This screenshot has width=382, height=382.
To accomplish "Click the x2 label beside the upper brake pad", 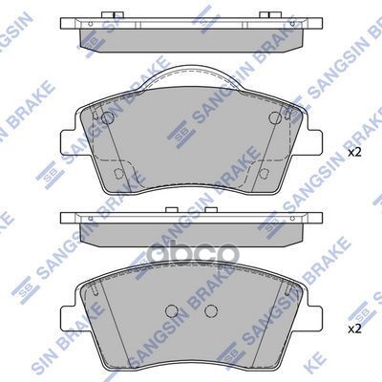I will click(354, 152).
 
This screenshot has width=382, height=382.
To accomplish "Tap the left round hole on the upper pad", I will click(107, 118).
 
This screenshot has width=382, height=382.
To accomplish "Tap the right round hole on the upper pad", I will click(276, 118).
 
